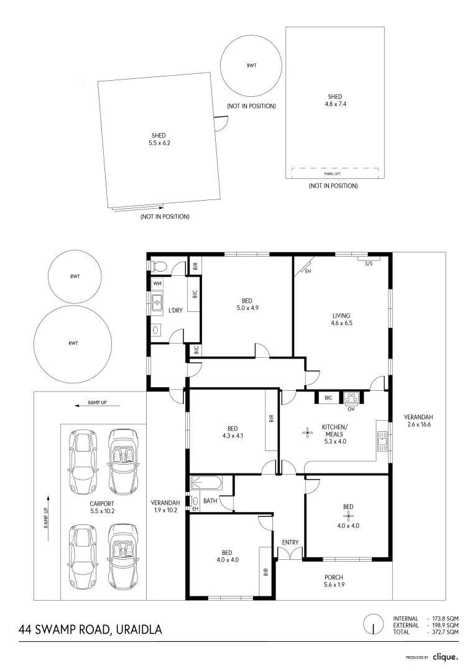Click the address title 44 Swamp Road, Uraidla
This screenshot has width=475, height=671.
pos(90,629)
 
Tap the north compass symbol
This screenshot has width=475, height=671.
pos(373,624)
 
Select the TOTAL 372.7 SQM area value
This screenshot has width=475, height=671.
pos(443,631)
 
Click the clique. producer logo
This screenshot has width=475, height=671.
pos(445,657)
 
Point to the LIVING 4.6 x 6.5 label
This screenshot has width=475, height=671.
pos(342,319)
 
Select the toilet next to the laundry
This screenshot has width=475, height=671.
pos(158,266)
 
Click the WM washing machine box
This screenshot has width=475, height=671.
pos(157,283)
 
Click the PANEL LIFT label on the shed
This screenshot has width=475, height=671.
pos(333,174)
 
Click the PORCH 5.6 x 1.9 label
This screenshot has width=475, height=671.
pos(334,580)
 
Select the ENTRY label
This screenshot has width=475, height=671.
pos(290,542)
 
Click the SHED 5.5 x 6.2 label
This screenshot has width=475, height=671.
pos(159,139)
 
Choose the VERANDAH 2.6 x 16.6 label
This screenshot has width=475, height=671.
pos(418,421)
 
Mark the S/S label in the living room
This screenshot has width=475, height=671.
pos(369,263)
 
